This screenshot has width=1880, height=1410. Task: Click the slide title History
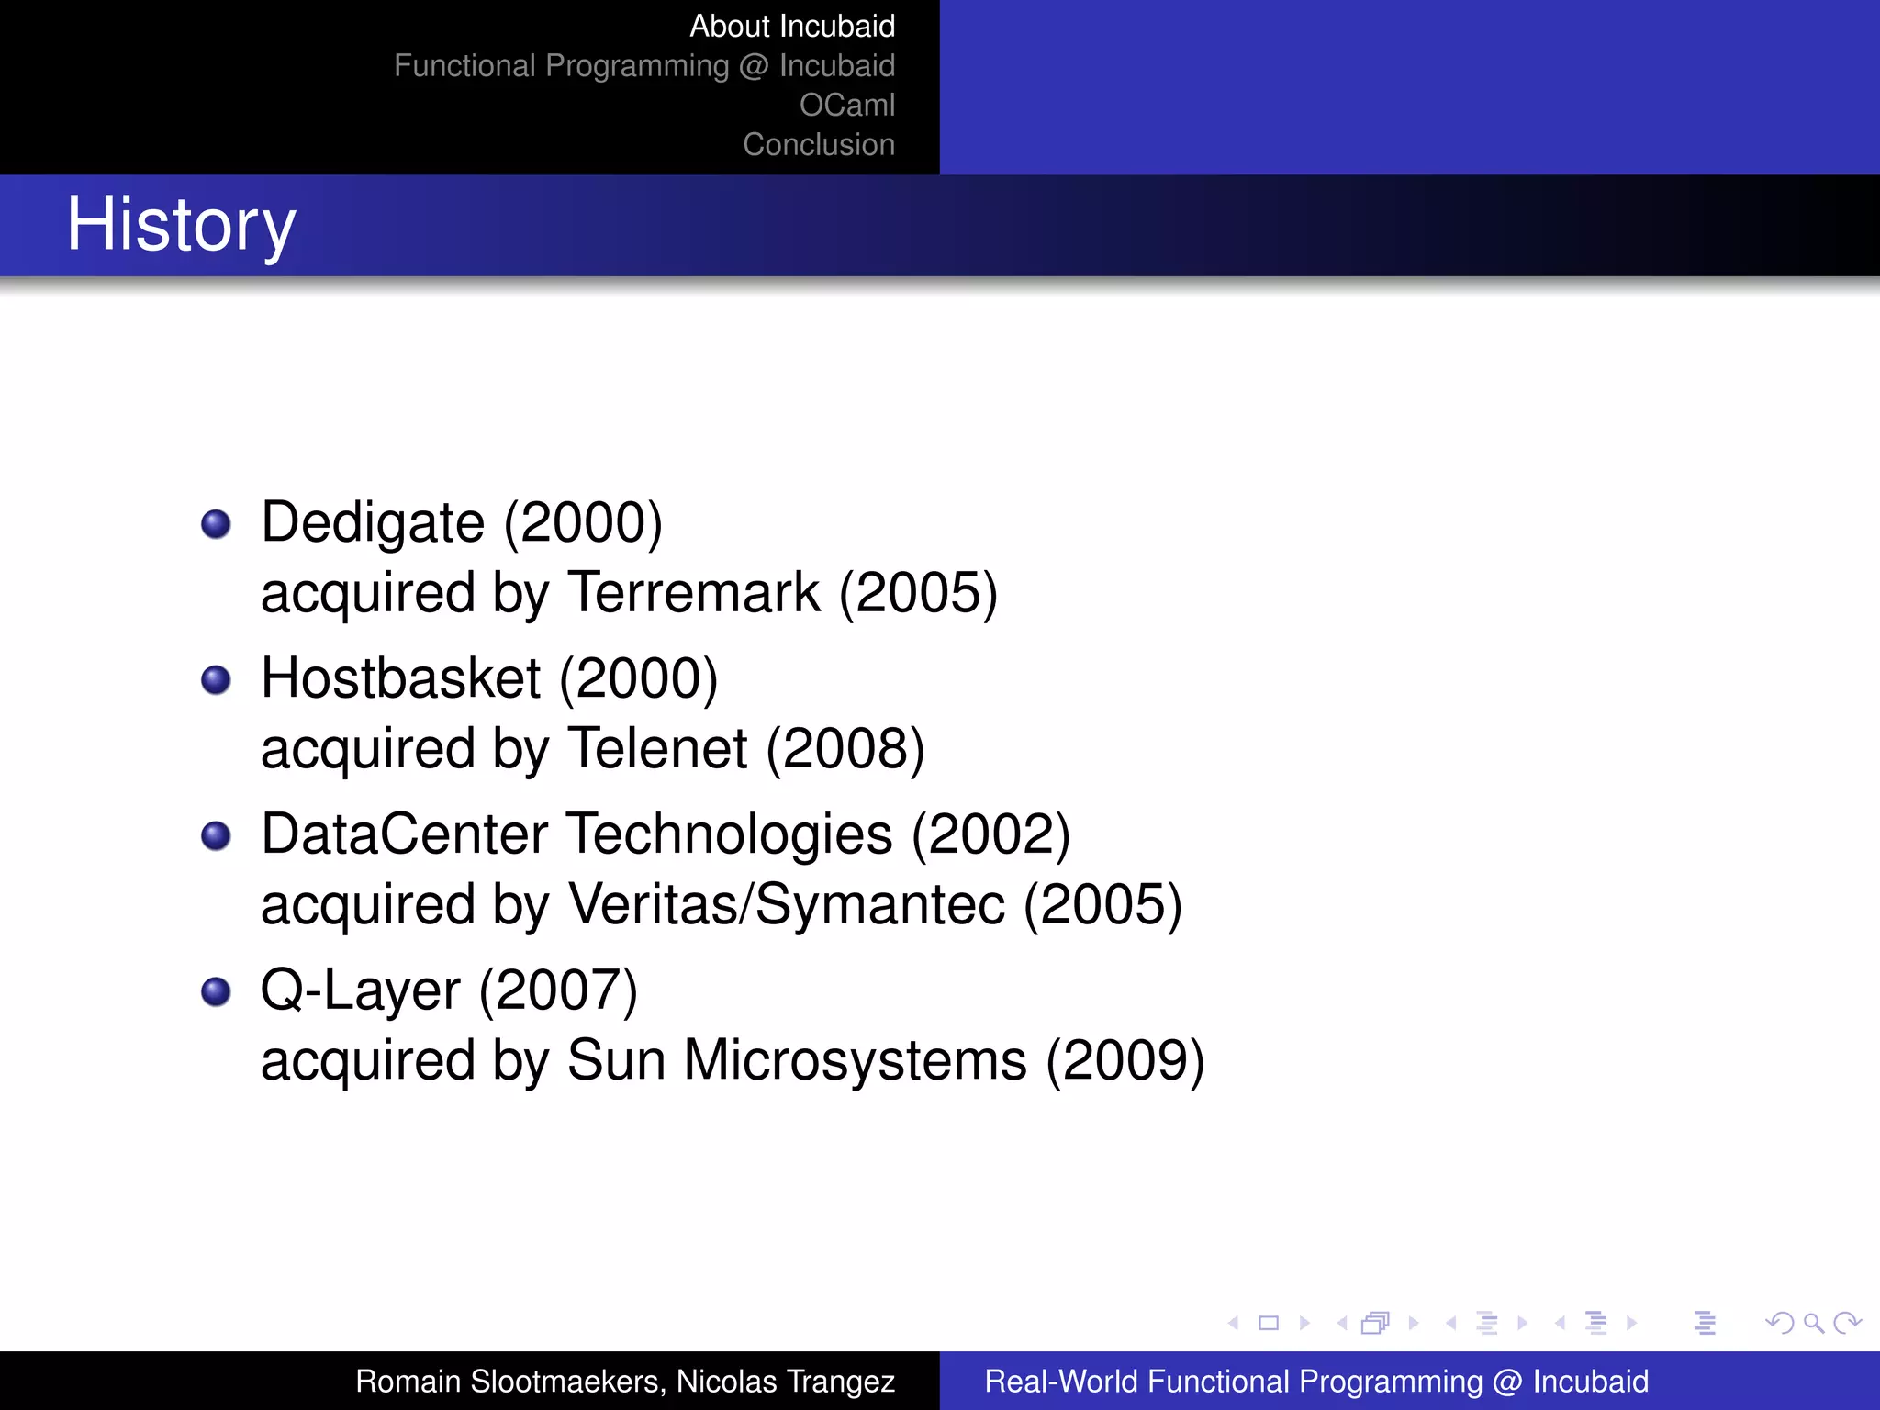pyautogui.click(x=181, y=225)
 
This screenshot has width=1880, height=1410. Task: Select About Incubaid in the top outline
pyautogui.click(x=791, y=27)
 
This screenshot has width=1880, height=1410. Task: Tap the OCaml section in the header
pyautogui.click(x=846, y=106)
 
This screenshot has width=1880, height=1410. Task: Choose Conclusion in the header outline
pyautogui.click(x=818, y=145)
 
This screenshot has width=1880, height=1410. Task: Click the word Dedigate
pyautogui.click(x=373, y=523)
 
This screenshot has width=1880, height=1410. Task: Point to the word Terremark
pyautogui.click(x=694, y=593)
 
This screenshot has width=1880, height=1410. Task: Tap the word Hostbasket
pyautogui.click(x=401, y=679)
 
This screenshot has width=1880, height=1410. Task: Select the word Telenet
pyautogui.click(x=658, y=749)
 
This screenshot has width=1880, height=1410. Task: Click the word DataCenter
pyautogui.click(x=405, y=835)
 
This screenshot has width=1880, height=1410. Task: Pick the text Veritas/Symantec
pyautogui.click(x=787, y=905)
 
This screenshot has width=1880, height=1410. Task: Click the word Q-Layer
pyautogui.click(x=361, y=991)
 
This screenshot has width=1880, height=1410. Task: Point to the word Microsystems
pyautogui.click(x=855, y=1061)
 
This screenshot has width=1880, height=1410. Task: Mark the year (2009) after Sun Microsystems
pyautogui.click(x=1125, y=1061)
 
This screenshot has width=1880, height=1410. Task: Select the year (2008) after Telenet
pyautogui.click(x=845, y=749)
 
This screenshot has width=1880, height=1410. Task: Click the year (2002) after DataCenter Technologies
pyautogui.click(x=990, y=835)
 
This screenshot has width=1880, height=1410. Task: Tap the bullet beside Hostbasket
pyautogui.click(x=216, y=680)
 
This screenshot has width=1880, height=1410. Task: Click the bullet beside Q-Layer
pyautogui.click(x=216, y=992)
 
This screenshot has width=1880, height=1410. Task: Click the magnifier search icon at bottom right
pyautogui.click(x=1813, y=1323)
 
